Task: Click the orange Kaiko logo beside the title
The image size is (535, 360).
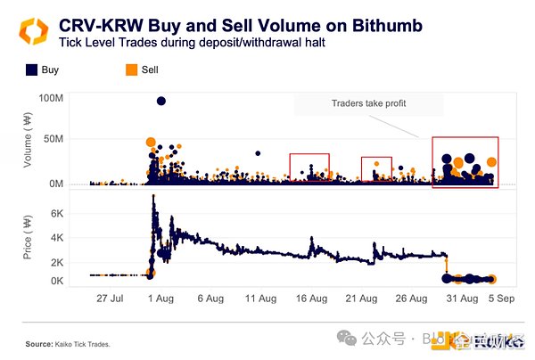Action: click(x=32, y=33)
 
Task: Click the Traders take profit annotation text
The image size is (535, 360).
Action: click(x=368, y=104)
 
